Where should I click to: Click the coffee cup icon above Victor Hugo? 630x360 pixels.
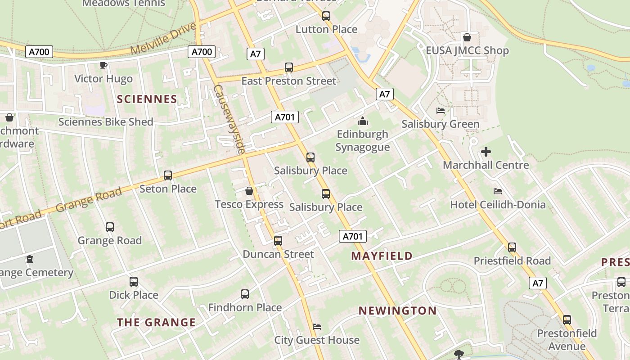coord(103,66)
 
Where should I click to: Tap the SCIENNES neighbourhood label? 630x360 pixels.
coord(147,99)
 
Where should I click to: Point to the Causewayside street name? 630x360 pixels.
coord(229,119)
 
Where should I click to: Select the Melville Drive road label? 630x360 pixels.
coord(164,39)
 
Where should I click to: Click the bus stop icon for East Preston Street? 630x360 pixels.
coord(289,68)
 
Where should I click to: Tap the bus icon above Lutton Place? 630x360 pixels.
coord(326,16)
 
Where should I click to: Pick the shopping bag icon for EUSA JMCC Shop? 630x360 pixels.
coord(467,37)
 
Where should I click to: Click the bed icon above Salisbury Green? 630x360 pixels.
coord(441,111)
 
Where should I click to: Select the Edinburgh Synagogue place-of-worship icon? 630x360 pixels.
coord(362,121)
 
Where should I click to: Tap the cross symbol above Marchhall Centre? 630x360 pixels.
coord(486,152)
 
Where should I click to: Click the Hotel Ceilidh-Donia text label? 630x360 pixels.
coord(498,205)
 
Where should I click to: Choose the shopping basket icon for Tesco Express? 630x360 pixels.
coord(249,191)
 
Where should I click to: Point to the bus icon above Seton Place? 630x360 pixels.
coord(168,175)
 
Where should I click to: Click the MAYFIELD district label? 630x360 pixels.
coord(382,256)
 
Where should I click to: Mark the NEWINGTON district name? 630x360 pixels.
coord(397,310)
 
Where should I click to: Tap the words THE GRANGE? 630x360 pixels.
coord(157,322)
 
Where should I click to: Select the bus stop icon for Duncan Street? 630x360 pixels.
coord(278,241)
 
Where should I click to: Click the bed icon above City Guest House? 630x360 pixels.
coord(317,327)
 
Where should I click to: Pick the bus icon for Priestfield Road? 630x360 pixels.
coord(512,247)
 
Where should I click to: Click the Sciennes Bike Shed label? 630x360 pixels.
coord(106,122)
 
